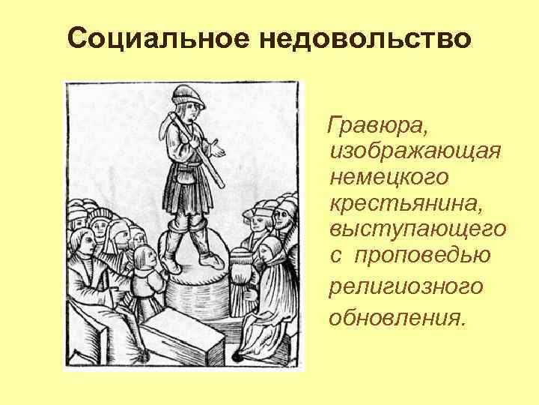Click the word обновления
[396, 317]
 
